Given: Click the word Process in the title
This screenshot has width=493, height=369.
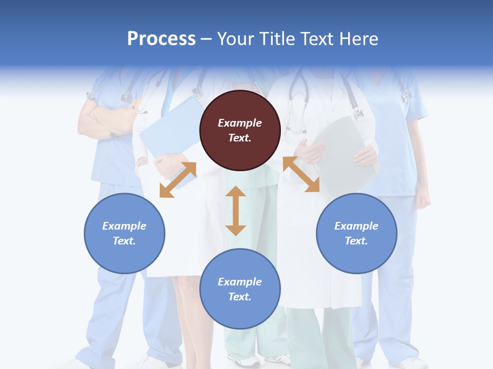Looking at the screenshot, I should pos(161,39).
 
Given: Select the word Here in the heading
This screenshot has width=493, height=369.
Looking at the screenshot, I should pos(358,39).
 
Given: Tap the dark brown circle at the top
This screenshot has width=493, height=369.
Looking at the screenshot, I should pos(240,130).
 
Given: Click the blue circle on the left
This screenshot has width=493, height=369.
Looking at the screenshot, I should pos(124,233).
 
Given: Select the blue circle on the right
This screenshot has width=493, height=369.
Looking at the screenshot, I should pos(356,233).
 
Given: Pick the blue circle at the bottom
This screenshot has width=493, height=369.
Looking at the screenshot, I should pos(240,289).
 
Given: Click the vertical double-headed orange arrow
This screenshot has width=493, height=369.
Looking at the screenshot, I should pos(236,211).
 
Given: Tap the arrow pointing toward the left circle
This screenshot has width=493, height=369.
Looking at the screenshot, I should pos(178,180).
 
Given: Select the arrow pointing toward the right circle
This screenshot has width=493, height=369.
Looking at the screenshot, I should pos(301,174).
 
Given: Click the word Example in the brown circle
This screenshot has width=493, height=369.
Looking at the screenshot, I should pos(240,123).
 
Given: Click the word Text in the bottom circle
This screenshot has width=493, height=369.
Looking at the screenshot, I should pos(240,297).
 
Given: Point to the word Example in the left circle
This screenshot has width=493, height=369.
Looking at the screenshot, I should pos(124,226).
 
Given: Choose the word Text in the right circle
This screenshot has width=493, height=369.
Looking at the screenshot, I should pos(356,241).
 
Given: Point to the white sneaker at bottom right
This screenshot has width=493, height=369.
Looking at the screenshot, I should pos(411,363).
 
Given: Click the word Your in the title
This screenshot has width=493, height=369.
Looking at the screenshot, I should pos(234,39).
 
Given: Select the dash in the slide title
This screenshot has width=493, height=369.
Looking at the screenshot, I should pos(206,39).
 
